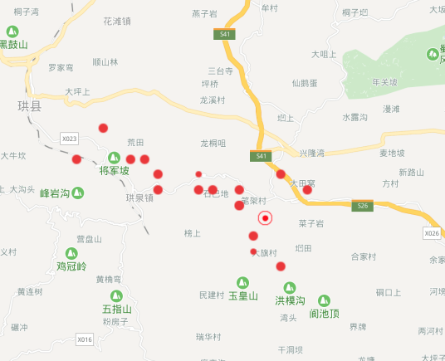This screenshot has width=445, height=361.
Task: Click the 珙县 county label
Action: click(28, 106)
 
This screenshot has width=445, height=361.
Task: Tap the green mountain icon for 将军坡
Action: click(115, 158)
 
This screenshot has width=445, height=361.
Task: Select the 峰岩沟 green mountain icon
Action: click(78, 193)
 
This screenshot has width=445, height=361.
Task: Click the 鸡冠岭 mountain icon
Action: click(71, 253)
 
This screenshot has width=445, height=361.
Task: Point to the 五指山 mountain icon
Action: click(117, 295)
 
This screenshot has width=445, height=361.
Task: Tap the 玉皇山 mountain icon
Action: click(243, 282)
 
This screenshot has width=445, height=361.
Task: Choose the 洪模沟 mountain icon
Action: click(291, 286)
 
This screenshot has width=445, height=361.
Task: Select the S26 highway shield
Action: click(361, 206)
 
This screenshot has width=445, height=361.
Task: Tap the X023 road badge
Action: click(69, 139)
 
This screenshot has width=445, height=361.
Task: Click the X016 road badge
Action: click(85, 339)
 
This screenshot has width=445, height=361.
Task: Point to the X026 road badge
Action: click(432, 234)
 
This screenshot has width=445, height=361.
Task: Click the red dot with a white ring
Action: click(266, 218)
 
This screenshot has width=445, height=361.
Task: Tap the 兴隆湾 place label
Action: click(311, 154)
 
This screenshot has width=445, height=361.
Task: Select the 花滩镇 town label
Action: click(117, 22)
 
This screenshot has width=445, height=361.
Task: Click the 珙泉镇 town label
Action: click(139, 198)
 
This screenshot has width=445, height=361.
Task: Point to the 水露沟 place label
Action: click(355, 117)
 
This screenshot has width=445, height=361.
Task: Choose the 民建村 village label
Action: click(213, 295)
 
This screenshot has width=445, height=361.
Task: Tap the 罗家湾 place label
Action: click(61, 67)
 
